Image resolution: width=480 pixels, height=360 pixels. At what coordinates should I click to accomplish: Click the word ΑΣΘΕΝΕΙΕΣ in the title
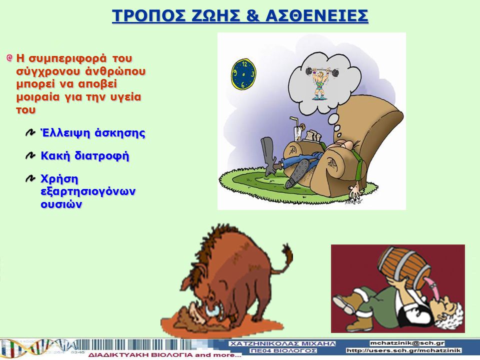(317, 16)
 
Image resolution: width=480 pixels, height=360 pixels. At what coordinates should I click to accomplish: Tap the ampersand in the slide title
(252, 16)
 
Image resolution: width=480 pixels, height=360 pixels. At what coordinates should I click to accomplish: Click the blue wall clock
(243, 74)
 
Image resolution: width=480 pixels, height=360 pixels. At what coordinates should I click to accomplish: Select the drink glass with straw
(297, 130)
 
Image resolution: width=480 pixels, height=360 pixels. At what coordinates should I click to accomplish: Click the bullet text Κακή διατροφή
(85, 156)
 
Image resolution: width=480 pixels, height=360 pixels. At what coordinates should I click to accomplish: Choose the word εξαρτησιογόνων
(88, 192)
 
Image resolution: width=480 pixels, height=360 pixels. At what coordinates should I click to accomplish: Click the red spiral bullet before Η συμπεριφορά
(10, 58)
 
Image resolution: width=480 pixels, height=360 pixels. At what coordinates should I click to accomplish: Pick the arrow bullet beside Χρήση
(30, 178)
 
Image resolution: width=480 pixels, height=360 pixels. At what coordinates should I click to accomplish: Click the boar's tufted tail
(284, 258)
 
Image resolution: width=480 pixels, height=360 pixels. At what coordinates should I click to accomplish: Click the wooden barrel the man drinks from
(404, 264)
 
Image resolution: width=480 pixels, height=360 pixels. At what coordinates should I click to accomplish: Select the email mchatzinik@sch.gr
(407, 343)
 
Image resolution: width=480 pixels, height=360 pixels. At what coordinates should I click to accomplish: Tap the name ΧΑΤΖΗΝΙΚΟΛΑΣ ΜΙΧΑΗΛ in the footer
(282, 344)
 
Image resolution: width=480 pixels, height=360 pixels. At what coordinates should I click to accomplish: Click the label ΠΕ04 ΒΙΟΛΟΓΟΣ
(283, 350)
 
